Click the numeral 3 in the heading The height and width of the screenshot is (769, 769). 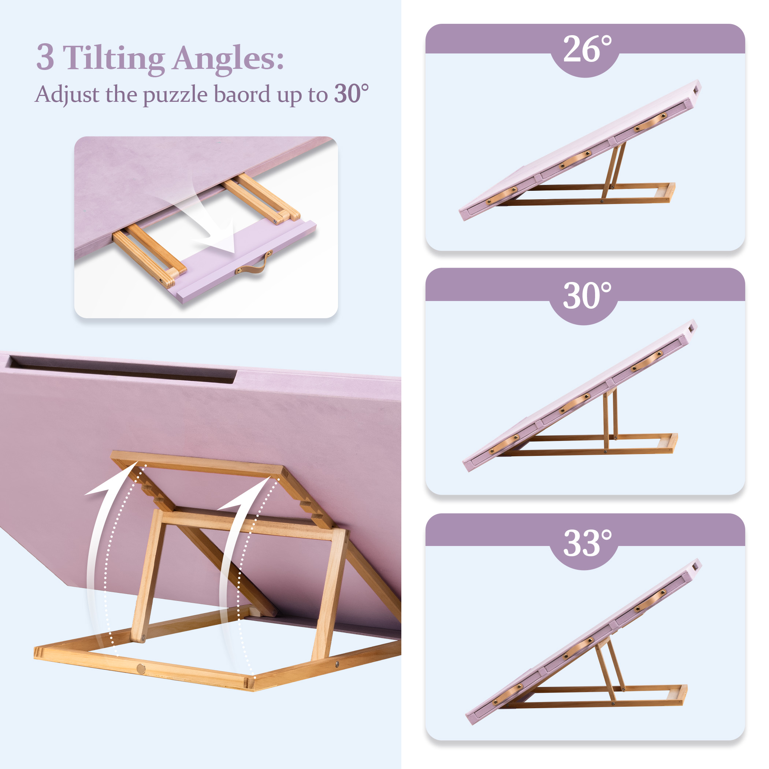click(45, 58)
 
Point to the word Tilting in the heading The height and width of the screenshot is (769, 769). click(114, 59)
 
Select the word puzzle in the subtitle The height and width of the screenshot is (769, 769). click(175, 96)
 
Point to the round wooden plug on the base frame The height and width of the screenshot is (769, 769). click(141, 669)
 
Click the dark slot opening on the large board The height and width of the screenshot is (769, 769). click(119, 370)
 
